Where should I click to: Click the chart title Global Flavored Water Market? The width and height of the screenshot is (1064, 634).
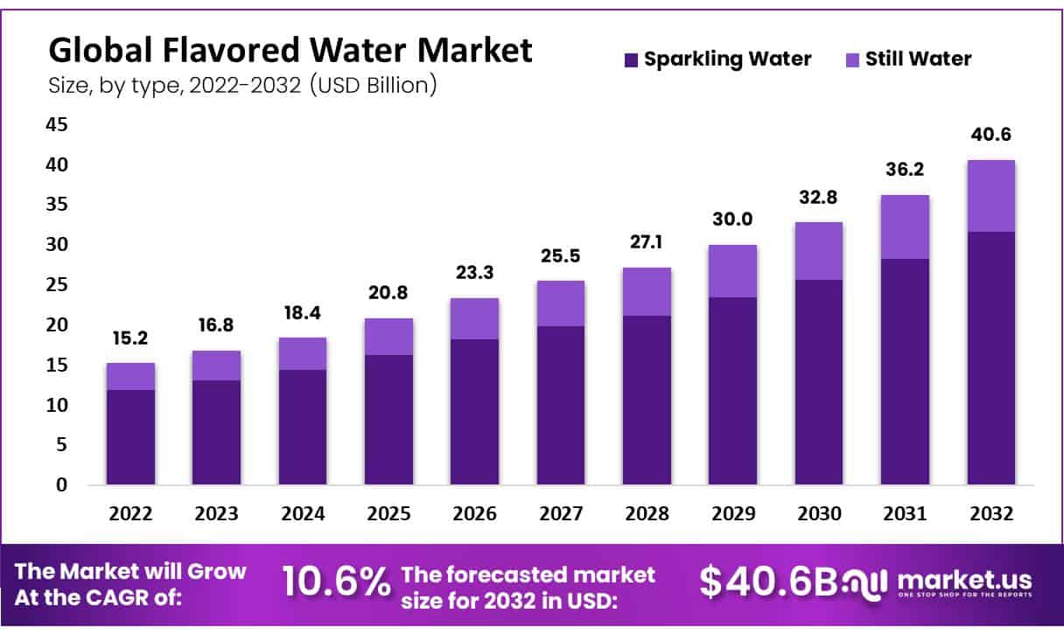290,51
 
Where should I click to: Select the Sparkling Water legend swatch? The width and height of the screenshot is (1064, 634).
632,60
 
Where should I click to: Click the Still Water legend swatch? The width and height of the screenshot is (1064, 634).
853,60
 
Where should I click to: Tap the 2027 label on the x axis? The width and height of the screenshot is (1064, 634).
560,514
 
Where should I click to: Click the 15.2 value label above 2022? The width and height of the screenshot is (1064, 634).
131,338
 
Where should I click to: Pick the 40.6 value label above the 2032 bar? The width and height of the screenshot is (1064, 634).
990,136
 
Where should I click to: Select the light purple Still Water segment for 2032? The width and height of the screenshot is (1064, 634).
990,196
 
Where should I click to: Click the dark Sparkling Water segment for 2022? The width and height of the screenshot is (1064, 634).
131,437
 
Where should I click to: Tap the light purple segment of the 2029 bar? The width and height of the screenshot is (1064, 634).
731,271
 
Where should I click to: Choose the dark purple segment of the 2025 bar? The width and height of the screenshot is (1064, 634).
388,420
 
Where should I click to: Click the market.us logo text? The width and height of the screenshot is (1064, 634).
964,580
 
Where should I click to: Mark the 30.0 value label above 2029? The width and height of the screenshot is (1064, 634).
731,219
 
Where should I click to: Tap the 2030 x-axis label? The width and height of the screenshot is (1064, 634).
817,514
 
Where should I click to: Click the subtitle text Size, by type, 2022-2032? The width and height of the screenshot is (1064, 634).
242,86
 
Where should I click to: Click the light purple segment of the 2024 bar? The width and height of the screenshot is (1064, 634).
303,353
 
